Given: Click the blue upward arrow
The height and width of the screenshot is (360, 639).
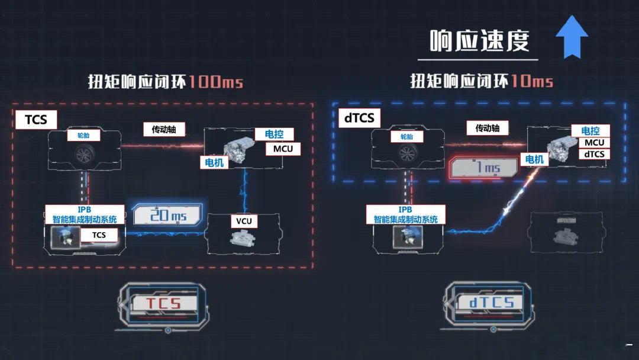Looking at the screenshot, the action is (572, 37).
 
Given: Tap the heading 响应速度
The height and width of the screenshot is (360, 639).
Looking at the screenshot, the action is (479, 41).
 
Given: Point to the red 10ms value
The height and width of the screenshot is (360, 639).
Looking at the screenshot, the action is (532, 81).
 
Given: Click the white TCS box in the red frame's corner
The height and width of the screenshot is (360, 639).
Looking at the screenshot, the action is (36, 120).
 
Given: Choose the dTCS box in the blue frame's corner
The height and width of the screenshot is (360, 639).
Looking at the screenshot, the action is (359, 118).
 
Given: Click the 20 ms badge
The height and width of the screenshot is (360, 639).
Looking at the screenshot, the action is (168, 214).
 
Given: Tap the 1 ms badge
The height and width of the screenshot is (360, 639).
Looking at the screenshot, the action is (483, 168).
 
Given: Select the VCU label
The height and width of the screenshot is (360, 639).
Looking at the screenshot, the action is (244, 221).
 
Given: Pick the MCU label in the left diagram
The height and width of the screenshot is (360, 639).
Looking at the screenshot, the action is (283, 149).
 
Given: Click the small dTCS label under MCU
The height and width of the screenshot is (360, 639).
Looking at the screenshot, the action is (594, 154).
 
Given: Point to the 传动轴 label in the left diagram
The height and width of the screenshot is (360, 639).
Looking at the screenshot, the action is (164, 130).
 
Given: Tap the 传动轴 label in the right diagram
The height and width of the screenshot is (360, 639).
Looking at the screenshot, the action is (488, 128).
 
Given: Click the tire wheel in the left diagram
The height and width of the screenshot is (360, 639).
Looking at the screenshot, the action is (85, 154).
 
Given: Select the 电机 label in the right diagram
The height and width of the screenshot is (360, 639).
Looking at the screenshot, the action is (534, 159).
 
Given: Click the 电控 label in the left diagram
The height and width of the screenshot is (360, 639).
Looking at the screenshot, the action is (275, 134).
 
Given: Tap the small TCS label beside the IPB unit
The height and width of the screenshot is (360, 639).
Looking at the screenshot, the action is (99, 235).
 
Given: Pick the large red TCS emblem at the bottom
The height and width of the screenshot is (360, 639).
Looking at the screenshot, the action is (164, 304).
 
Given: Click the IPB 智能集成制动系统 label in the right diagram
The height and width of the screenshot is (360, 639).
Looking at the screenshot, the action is (405, 214).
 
